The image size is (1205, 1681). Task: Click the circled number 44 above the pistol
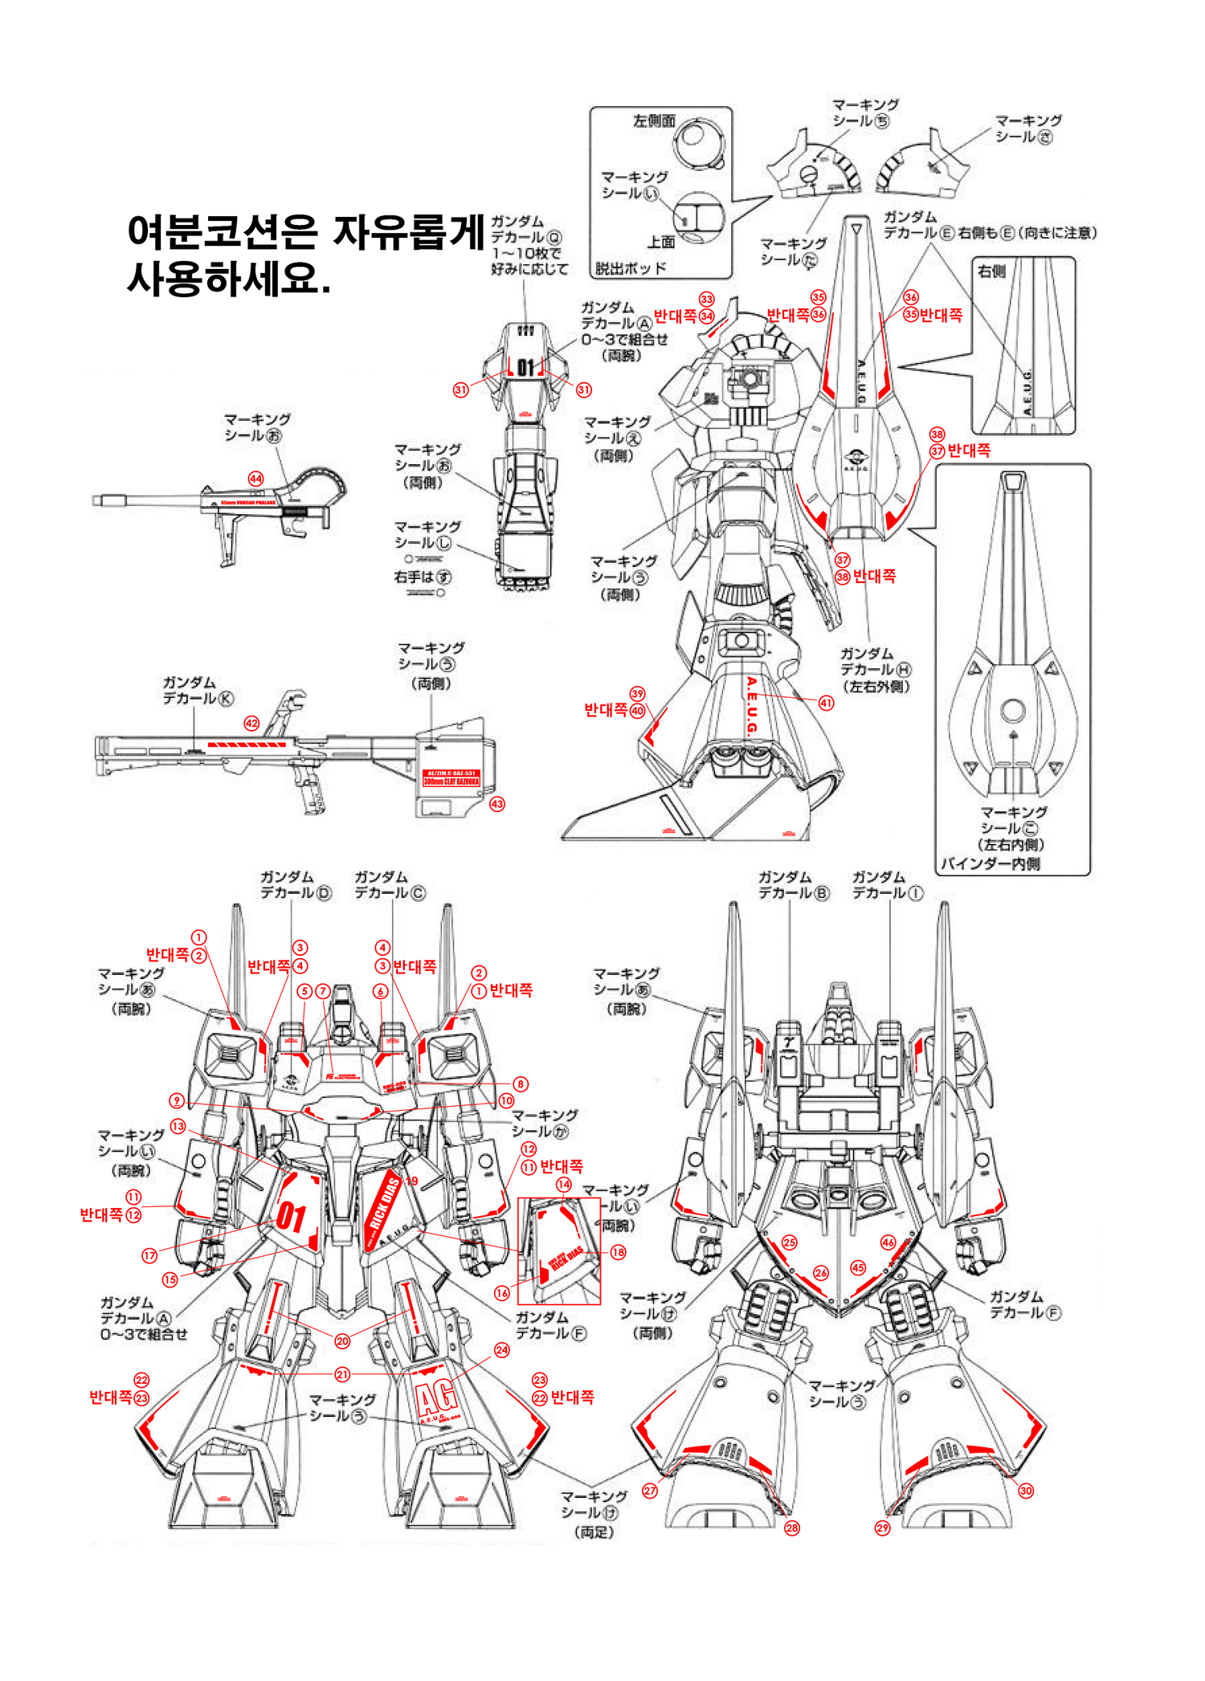255,479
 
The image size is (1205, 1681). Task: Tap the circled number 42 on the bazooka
251,724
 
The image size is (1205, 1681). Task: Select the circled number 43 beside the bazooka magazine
497,804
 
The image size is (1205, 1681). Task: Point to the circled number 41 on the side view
826,703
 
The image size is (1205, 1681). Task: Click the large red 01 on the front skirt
292,1218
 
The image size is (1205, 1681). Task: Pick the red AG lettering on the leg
438,1398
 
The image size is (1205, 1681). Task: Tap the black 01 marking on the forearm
525,367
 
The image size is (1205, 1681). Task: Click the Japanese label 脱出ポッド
631,268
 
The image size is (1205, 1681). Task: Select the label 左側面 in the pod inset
654,121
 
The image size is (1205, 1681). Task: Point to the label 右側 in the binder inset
991,271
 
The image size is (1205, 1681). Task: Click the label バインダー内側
990,864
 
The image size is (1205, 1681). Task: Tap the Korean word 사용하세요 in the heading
228,279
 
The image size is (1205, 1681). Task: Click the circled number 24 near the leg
501,1350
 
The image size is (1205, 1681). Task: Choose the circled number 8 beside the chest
521,1084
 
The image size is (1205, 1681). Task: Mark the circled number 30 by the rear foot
1026,1491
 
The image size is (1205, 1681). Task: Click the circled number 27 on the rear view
650,1491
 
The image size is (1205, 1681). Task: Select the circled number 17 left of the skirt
149,1255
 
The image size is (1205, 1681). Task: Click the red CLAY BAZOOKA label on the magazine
451,777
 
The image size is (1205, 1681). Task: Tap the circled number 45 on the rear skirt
858,1268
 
